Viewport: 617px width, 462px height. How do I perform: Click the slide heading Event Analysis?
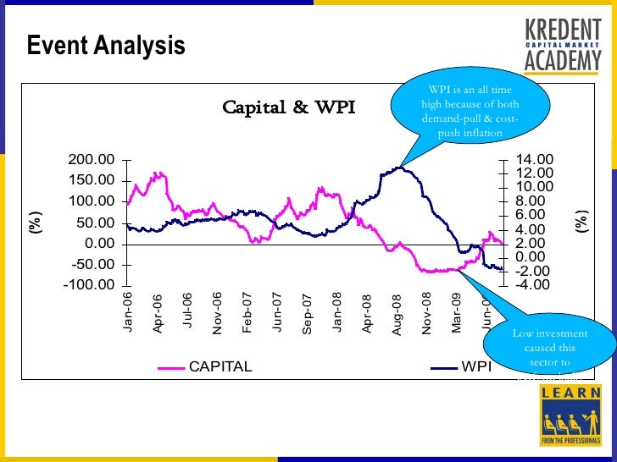(106, 46)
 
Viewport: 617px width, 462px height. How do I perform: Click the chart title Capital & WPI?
(288, 107)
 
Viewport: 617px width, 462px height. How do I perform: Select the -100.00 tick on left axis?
(90, 285)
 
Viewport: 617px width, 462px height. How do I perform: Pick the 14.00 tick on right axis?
(535, 159)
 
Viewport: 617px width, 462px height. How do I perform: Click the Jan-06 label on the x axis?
(128, 311)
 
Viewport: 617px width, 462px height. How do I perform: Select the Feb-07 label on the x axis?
(247, 312)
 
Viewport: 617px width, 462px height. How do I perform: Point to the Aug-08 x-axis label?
(397, 314)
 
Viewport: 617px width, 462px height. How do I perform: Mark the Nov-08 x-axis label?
(426, 313)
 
